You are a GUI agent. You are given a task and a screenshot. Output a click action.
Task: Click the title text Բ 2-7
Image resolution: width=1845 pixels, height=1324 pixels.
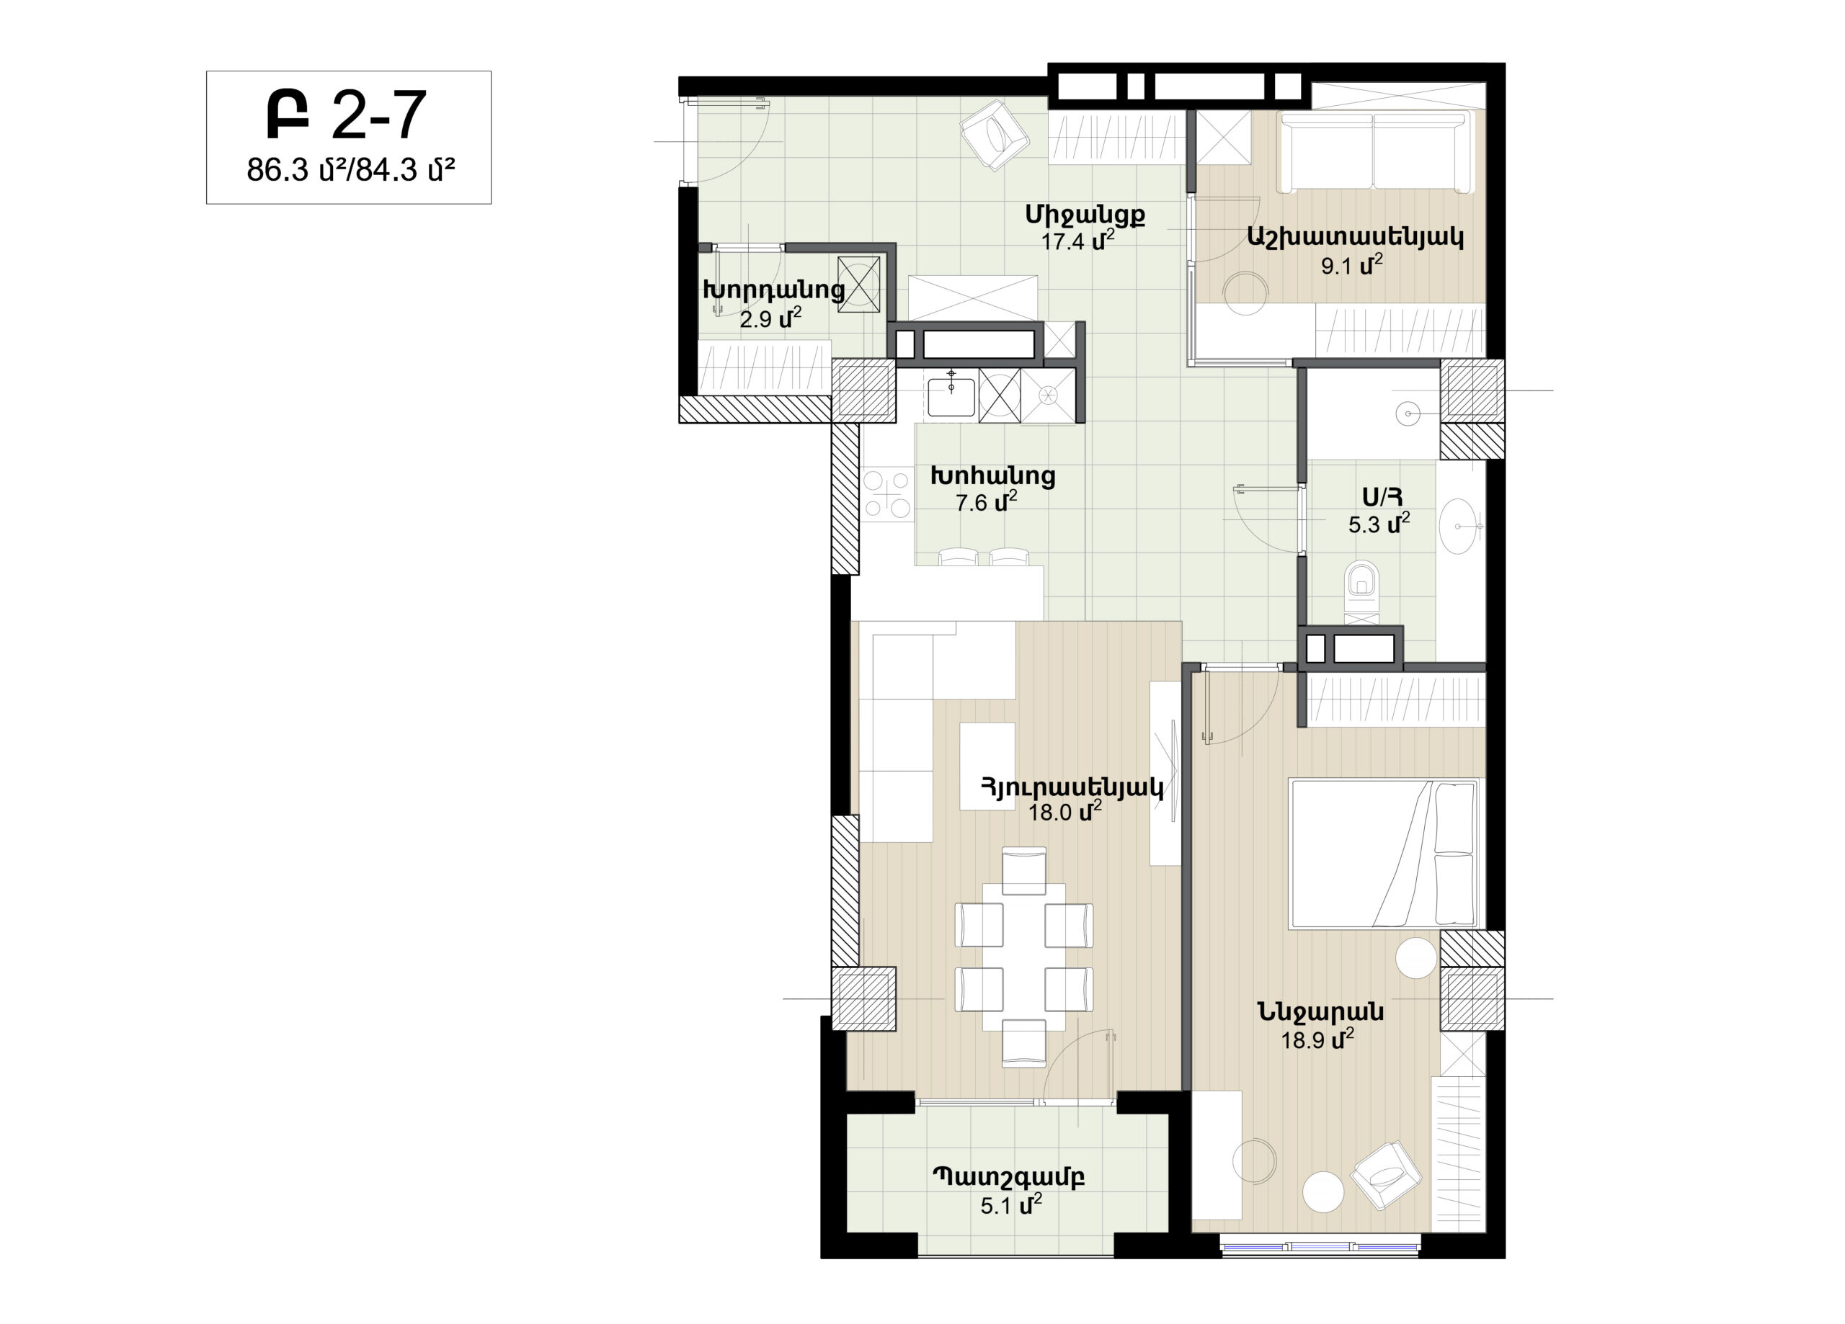coord(347,115)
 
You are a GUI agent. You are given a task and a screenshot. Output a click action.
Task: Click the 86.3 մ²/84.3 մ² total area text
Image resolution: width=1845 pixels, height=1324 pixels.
coord(350,170)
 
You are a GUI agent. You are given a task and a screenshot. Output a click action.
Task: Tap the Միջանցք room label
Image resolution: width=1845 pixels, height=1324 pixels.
coord(1085,215)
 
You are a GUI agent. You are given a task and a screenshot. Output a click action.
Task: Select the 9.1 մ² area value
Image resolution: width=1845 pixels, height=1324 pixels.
coord(1352,265)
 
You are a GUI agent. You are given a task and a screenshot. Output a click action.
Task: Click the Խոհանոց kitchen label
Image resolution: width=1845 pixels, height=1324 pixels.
coord(993,475)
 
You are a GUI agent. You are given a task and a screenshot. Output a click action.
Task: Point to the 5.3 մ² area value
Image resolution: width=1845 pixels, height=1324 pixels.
coord(1379,524)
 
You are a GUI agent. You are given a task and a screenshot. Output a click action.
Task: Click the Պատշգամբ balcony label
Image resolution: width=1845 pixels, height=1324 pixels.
coord(1008,1178)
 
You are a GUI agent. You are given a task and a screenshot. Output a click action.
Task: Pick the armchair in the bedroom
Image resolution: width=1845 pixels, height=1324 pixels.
coord(1386,1175)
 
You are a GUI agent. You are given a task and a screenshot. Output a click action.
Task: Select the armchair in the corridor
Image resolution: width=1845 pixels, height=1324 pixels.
coord(994,135)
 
